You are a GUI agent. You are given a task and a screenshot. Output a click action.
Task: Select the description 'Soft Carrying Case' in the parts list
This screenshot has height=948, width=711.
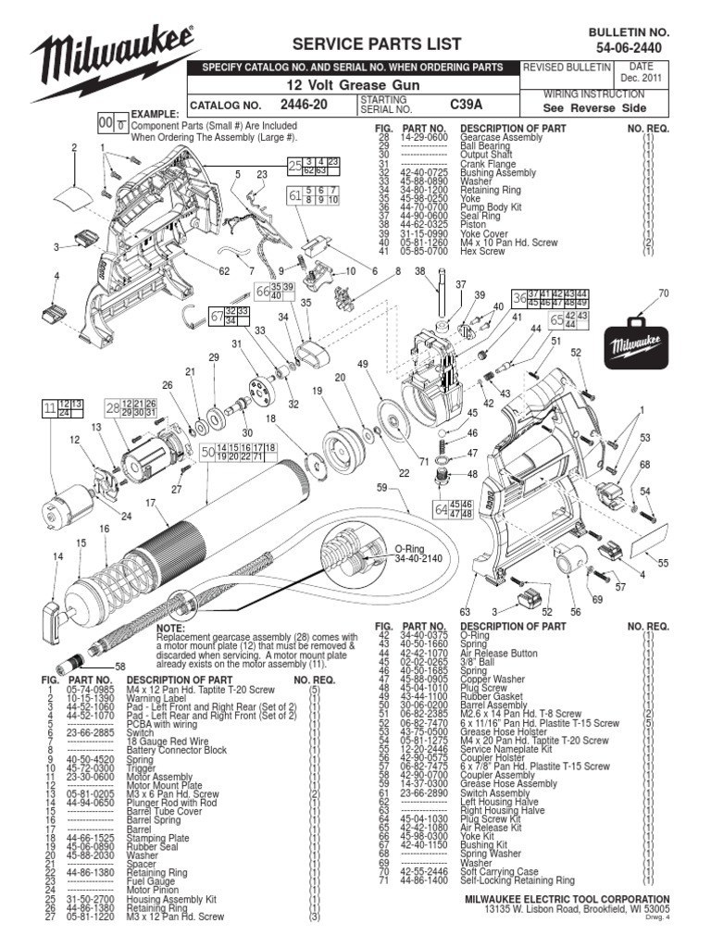[504, 871]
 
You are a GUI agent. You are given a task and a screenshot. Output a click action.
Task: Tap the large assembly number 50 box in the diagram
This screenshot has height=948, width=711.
[207, 451]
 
